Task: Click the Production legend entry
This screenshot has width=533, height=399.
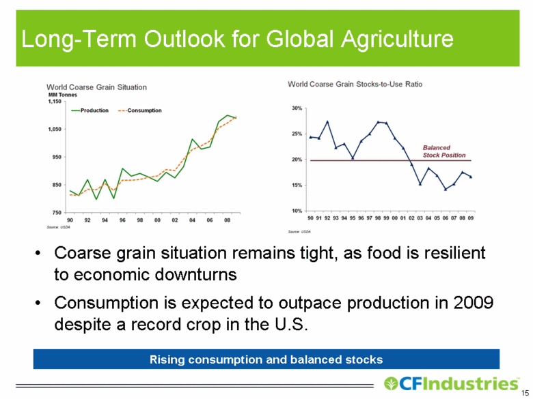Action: coord(90,110)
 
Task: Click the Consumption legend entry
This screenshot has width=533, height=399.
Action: coord(139,110)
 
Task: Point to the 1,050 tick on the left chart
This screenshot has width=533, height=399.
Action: coord(55,130)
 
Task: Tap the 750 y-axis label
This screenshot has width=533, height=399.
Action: coord(57,213)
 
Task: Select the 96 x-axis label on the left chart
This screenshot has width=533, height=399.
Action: coord(122,220)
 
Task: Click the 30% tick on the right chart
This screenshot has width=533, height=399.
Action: coord(297,108)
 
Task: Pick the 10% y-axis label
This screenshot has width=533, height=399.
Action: coord(297,211)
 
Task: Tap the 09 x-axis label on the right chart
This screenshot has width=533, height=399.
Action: coord(471,218)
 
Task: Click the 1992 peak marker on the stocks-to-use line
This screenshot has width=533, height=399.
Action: coord(327,121)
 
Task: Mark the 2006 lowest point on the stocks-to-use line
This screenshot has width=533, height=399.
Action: coord(446,190)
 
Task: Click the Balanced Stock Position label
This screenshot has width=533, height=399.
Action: coord(444,151)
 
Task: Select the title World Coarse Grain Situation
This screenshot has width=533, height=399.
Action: coord(96,87)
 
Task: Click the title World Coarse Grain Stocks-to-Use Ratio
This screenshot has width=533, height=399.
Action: coord(355,84)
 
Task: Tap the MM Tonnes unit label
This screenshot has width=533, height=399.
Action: coord(63,95)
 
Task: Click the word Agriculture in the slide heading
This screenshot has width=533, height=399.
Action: coord(397,39)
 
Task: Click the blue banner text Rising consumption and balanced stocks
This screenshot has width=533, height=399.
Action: coord(266,359)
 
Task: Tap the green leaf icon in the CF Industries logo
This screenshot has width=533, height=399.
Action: coord(391,384)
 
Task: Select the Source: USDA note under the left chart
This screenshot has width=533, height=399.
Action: coord(58,227)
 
